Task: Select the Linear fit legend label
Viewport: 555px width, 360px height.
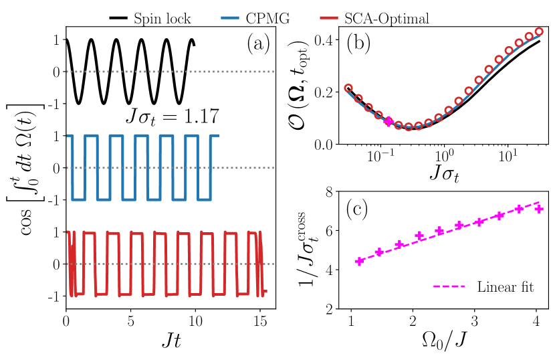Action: pos(505,288)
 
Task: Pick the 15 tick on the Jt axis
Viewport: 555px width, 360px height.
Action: pos(259,319)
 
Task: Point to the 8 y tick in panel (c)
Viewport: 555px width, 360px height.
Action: pos(328,192)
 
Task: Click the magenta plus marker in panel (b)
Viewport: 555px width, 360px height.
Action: pos(388,121)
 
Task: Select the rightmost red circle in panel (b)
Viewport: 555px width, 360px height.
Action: pos(538,31)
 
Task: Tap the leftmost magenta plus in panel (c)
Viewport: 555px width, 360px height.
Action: pos(359,261)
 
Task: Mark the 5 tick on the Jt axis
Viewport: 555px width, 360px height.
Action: pos(131,319)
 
